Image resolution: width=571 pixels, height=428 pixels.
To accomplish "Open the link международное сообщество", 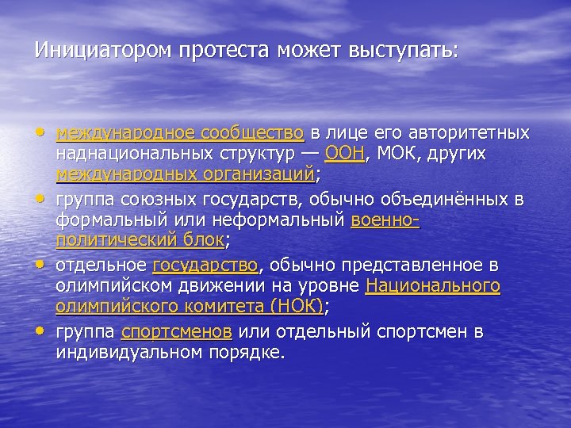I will coord(180,132).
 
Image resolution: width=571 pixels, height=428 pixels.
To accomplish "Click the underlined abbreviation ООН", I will coord(344,152).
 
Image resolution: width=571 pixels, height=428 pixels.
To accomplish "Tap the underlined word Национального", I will coord(432,286).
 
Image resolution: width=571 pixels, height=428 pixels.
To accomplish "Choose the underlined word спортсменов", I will coord(176,331).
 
